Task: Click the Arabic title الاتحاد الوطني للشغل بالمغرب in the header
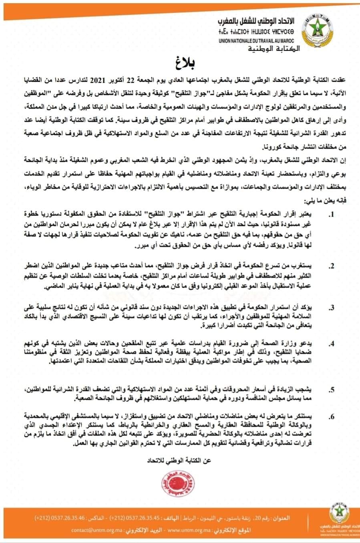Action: pyautogui.click(x=261, y=20)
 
